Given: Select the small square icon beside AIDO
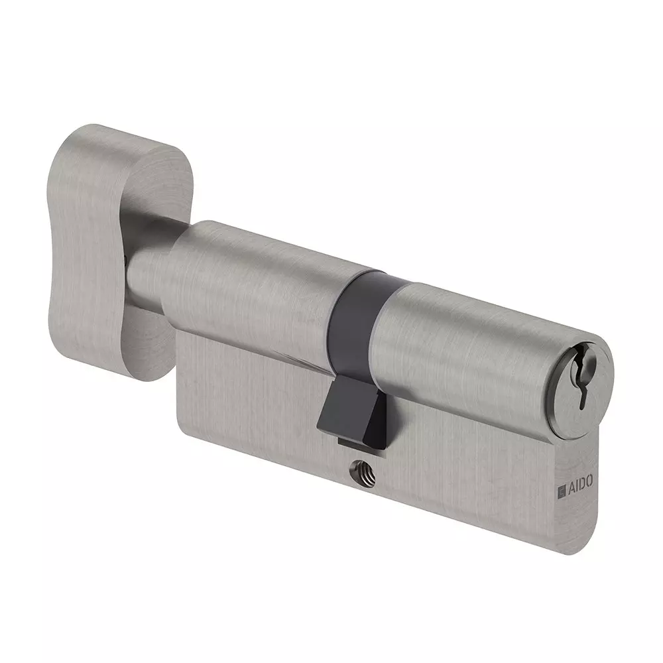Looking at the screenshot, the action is click(x=562, y=491).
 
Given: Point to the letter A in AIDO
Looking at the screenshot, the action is click(x=570, y=488).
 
